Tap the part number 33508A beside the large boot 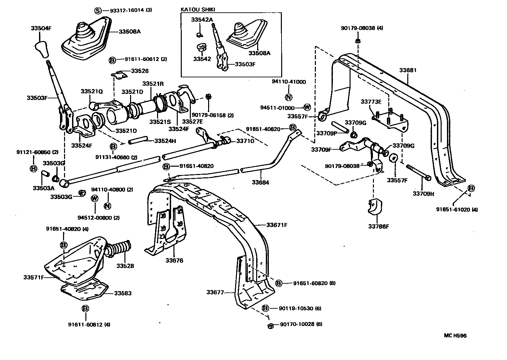130,32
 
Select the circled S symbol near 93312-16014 97,10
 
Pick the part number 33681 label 408,70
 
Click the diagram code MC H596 455,336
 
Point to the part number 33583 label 123,293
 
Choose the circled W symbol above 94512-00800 95,198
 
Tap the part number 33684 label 260,182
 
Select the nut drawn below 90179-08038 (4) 357,41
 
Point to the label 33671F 277,225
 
